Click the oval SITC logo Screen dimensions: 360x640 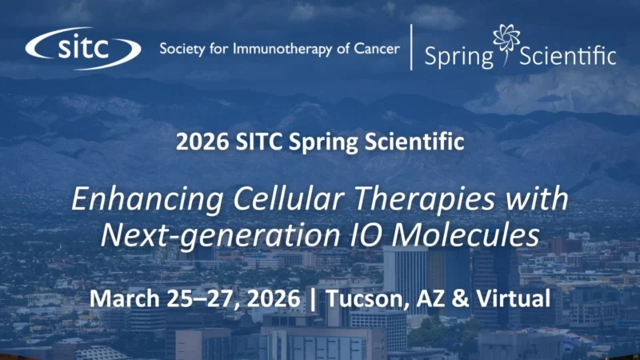(x=82, y=49)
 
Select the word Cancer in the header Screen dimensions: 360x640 (x=375, y=49)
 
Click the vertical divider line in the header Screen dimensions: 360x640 (x=411, y=46)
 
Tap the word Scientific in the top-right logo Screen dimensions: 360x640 (x=569, y=57)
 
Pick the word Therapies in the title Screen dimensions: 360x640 (x=387, y=198)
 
